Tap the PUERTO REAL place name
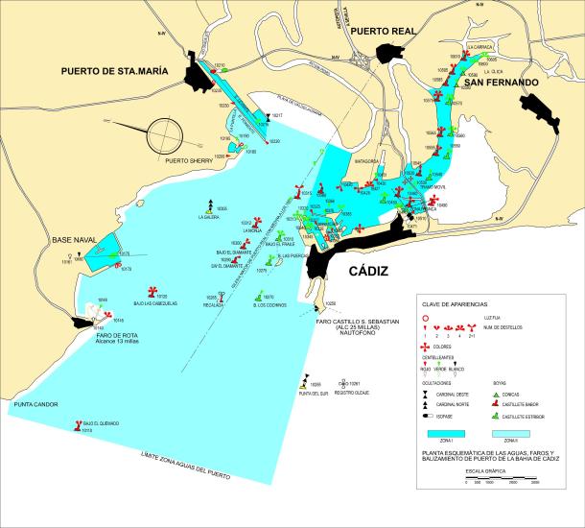tap(383, 32)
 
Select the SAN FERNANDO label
tap(501, 84)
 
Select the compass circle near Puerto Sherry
tap(170, 133)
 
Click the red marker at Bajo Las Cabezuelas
tap(151, 292)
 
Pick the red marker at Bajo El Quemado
tap(77, 423)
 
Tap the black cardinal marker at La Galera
tap(210, 204)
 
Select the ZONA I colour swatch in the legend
tap(446, 434)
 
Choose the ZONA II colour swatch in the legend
tap(512, 434)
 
